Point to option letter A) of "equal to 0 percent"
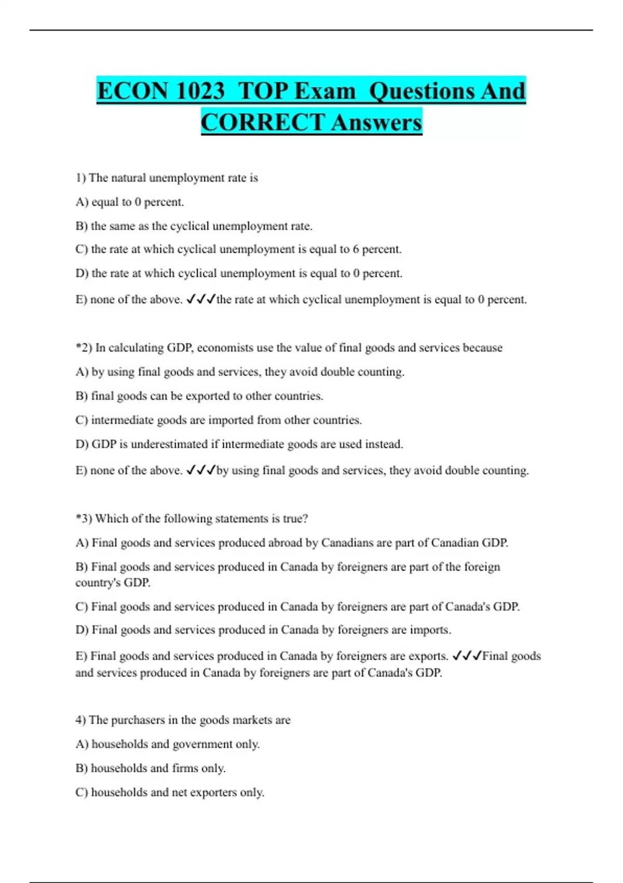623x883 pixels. pos(82,202)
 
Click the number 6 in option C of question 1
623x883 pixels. pos(356,249)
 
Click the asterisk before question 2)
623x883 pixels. pos(78,346)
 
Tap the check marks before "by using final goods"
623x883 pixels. pos(200,470)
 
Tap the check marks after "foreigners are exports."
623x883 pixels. pos(467,655)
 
